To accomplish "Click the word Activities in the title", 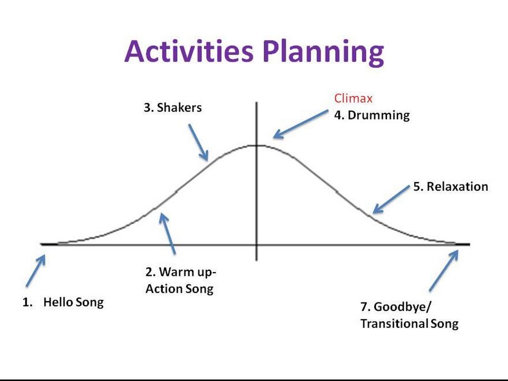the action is tap(189, 51).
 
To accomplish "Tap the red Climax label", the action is tap(353, 98).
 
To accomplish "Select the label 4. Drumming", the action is tap(372, 115).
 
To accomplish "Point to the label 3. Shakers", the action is tap(173, 108).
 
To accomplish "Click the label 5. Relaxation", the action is tap(450, 187).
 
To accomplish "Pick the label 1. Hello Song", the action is tap(63, 302).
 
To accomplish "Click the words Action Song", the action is tap(180, 288).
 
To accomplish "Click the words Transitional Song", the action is tap(409, 323).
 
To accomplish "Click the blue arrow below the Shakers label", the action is tap(198, 142).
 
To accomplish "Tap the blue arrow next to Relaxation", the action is tap(391, 199).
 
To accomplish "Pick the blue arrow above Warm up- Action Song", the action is tap(168, 233).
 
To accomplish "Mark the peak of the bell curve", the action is tap(256, 145).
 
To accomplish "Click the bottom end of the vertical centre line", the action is tap(256, 260).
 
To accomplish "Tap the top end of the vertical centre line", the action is tap(256, 102).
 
